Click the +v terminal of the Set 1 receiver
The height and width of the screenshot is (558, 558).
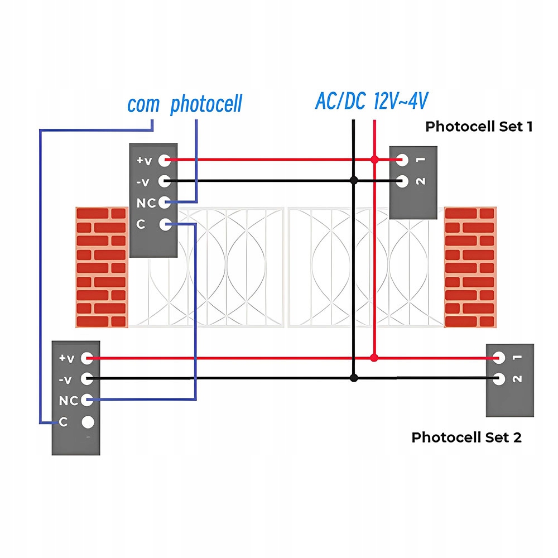pyautogui.click(x=165, y=161)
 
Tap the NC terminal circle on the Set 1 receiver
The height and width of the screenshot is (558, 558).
pyautogui.click(x=165, y=203)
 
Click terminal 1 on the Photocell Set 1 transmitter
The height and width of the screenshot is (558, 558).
pyautogui.click(x=402, y=160)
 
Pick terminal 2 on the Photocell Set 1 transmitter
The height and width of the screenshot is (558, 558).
pyautogui.click(x=402, y=181)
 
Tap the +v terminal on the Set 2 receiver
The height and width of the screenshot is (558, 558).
pyautogui.click(x=87, y=358)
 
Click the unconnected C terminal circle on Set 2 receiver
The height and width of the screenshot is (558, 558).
pyautogui.click(x=88, y=422)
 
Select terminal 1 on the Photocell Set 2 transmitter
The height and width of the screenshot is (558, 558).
pyautogui.click(x=498, y=358)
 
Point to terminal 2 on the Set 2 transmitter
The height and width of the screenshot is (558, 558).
pyautogui.click(x=498, y=379)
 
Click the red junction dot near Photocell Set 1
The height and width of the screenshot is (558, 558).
pyautogui.click(x=374, y=160)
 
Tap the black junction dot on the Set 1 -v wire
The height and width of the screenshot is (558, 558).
pyautogui.click(x=354, y=180)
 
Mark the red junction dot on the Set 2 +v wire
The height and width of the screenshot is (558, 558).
pyautogui.click(x=374, y=358)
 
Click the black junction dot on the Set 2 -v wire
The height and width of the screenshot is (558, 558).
pyautogui.click(x=354, y=378)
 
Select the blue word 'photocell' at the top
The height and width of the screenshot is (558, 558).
pyautogui.click(x=206, y=104)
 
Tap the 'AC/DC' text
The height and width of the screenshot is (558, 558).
pyautogui.click(x=340, y=100)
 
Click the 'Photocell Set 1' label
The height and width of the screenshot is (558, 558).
pyautogui.click(x=479, y=126)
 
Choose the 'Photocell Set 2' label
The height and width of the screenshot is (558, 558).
pyautogui.click(x=466, y=437)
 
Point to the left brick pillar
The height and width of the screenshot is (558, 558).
pyautogui.click(x=102, y=267)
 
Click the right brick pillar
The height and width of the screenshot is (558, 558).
pyautogui.click(x=470, y=267)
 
